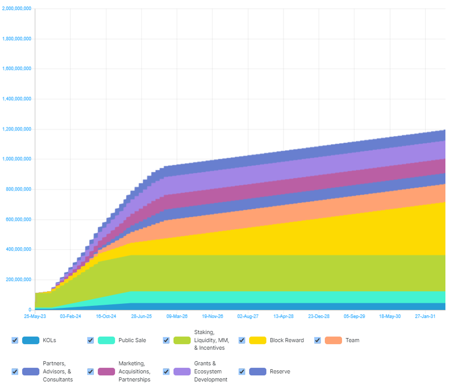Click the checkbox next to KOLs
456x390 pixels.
(x=15, y=340)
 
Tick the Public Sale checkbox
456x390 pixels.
(x=90, y=340)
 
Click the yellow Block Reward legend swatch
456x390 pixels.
(x=258, y=340)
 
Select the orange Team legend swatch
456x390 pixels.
(x=333, y=340)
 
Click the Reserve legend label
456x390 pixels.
(x=280, y=371)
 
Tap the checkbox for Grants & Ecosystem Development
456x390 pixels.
(x=166, y=371)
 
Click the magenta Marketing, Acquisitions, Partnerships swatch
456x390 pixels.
(x=106, y=371)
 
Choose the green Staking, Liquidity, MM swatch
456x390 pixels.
(x=182, y=340)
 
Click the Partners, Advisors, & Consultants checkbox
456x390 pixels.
(x=15, y=371)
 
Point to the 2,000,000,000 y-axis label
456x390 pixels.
(x=17, y=8)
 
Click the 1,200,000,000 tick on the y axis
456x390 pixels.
(x=17, y=129)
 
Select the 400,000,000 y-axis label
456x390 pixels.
(x=18, y=249)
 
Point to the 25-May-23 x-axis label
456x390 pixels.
(x=35, y=316)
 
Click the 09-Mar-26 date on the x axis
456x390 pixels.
(x=177, y=316)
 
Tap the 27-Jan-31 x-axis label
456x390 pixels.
(x=425, y=316)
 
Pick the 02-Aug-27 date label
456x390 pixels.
(x=248, y=316)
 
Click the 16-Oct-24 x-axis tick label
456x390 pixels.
(x=106, y=316)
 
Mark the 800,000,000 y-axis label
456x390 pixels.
(x=18, y=189)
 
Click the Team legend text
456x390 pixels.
(x=352, y=340)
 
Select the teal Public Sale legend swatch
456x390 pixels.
(x=106, y=340)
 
